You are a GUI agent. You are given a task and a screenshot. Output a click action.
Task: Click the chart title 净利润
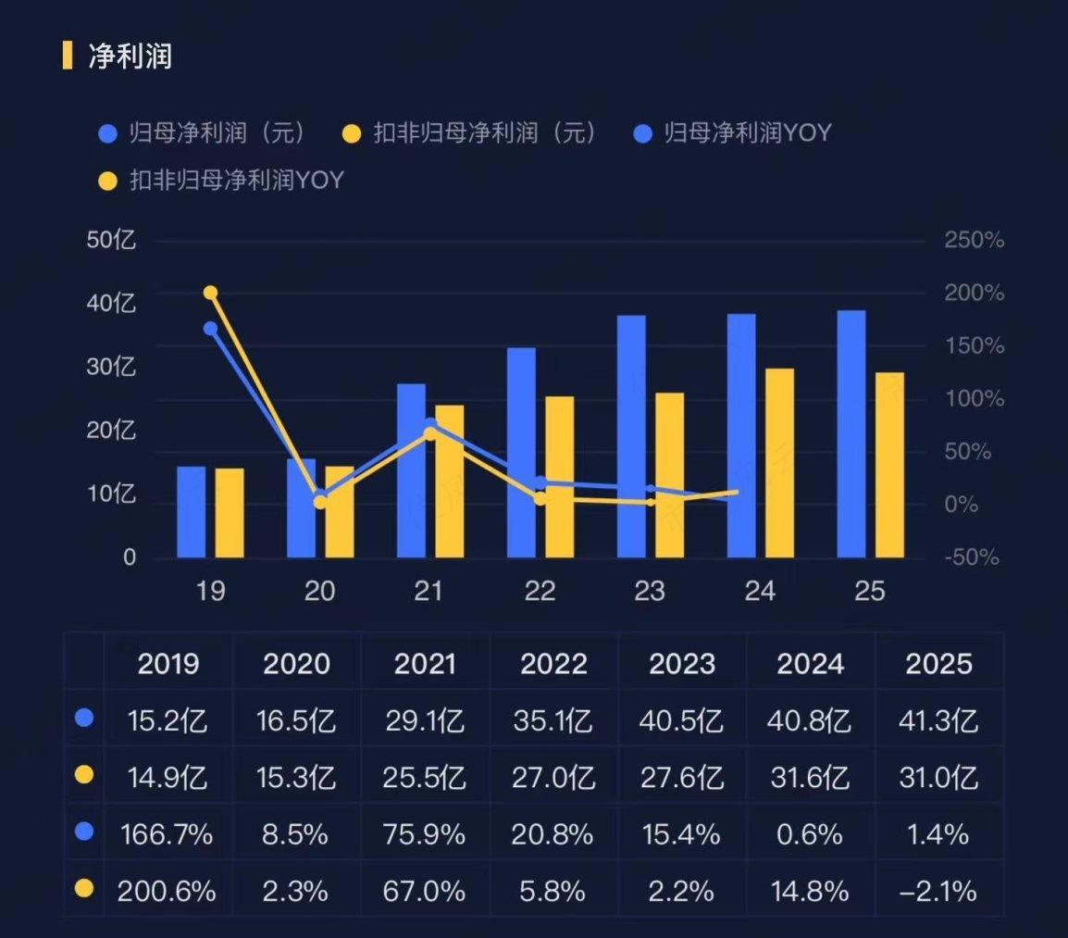pos(130,56)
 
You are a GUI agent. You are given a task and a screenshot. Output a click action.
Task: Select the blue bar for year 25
pos(851,434)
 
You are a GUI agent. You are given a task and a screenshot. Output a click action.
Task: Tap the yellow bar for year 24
pos(779,463)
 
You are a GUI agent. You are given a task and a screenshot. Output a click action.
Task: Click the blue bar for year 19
pos(192,512)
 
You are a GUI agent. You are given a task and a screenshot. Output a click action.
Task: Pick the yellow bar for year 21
pos(449,482)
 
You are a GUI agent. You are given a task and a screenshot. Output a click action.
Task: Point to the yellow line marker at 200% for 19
pos(210,293)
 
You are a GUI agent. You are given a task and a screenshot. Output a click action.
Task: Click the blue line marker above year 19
pos(210,328)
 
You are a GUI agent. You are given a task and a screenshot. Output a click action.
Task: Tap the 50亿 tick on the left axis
pos(111,241)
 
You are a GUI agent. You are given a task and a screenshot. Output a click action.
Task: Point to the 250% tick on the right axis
pos(974,241)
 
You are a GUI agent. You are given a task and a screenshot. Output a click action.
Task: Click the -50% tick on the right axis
pos(974,557)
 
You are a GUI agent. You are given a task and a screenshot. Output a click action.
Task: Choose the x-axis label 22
pos(540,591)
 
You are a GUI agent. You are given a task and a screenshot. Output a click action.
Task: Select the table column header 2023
pos(682,663)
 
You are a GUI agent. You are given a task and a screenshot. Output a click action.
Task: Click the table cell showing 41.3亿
pos(939,719)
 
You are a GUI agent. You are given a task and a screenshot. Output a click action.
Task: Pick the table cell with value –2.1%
pos(939,892)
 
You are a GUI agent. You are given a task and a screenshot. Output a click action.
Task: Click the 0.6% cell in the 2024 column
pos(811,834)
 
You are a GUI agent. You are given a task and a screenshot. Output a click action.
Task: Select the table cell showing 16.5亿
pos(297,719)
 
